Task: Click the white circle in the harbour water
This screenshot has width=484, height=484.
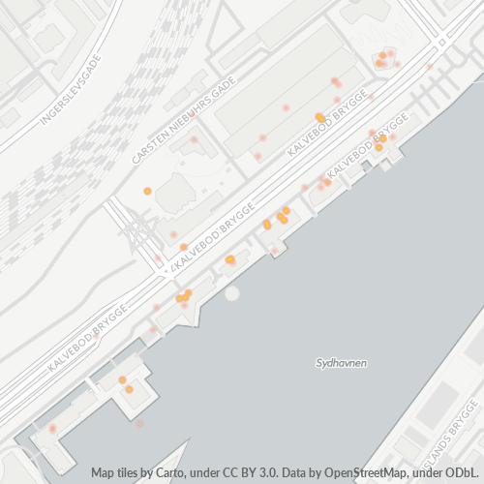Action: click(x=231, y=292)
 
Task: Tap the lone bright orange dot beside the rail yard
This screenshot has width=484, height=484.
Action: click(x=147, y=191)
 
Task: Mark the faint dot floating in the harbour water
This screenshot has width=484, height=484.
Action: click(x=140, y=423)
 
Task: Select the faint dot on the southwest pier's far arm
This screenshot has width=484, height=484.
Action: click(x=53, y=428)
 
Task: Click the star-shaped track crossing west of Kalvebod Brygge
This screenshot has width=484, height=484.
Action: click(x=136, y=232)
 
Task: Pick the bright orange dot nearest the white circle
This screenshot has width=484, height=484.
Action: click(x=229, y=259)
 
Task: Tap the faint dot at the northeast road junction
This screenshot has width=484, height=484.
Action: click(x=429, y=67)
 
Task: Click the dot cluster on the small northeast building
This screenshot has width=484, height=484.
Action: click(x=386, y=59)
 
